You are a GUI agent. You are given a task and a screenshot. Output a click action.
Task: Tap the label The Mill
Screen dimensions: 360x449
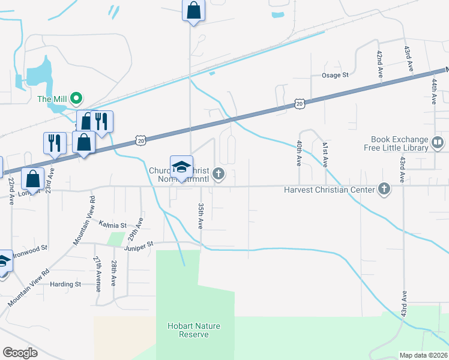pos(52,99)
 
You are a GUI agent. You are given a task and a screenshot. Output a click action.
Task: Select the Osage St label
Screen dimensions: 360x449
pos(335,75)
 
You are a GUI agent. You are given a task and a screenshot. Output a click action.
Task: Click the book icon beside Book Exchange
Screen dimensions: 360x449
pos(438,143)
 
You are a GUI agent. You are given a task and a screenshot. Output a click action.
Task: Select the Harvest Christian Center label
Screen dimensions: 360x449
pos(329,190)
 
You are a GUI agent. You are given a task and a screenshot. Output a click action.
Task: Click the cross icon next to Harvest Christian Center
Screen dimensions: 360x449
pos(384,190)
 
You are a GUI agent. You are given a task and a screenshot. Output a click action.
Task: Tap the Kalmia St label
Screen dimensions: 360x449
pos(113,225)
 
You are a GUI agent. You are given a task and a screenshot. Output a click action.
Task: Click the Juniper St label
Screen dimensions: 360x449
pos(139,244)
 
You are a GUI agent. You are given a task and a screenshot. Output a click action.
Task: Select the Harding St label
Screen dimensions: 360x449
pos(65,284)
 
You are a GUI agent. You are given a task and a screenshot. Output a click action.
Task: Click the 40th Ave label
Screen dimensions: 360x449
pos(299,154)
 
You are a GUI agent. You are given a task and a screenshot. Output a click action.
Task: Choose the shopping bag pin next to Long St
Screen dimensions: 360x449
pos(32,178)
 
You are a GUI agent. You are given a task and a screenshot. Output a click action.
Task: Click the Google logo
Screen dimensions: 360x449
pos(20,353)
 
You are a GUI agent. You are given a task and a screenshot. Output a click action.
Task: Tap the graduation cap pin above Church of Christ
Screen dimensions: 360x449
pos(182,166)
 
